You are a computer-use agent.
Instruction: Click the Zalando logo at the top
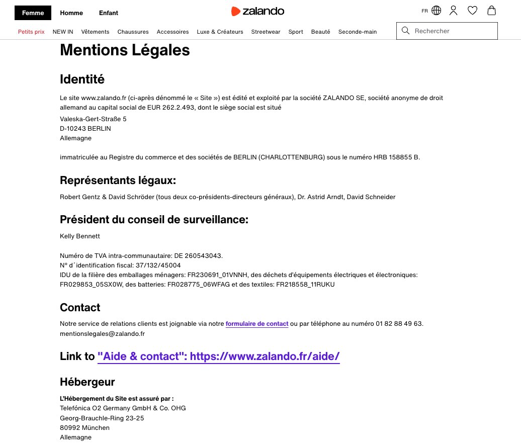point(257,11)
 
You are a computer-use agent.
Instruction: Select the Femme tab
point(33,13)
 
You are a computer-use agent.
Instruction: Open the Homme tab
point(71,13)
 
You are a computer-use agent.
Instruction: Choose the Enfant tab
point(109,13)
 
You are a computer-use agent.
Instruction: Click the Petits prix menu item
point(31,32)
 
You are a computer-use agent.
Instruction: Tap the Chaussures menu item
point(133,32)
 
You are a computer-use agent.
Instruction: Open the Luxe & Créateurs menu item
point(220,32)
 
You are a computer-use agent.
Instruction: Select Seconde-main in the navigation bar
point(357,32)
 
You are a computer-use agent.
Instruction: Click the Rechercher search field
point(453,31)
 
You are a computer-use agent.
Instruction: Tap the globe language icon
point(436,11)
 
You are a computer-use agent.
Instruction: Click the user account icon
point(453,11)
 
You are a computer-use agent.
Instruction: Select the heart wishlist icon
point(472,11)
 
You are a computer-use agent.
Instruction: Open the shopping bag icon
point(491,11)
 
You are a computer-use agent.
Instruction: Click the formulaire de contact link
point(257,324)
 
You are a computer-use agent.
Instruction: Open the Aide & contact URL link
point(219,356)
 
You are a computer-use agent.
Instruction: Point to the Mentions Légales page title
point(125,50)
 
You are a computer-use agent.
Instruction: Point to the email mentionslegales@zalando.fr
point(102,333)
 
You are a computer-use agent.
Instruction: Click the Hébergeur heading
point(88,382)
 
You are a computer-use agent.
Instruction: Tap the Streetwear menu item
point(266,32)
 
